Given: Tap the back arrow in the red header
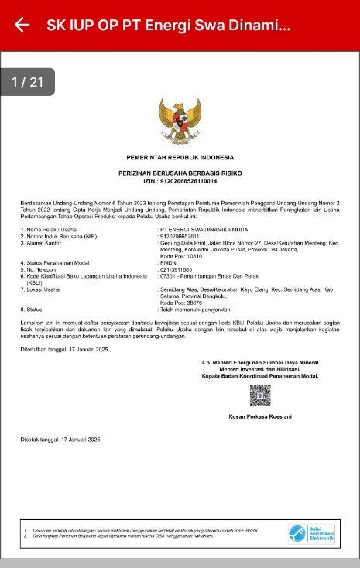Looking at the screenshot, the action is pyautogui.click(x=22, y=25).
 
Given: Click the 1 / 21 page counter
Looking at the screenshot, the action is pyautogui.click(x=28, y=82).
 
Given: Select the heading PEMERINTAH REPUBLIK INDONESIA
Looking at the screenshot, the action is pyautogui.click(x=179, y=158).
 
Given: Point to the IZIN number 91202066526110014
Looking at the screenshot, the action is pyautogui.click(x=188, y=181).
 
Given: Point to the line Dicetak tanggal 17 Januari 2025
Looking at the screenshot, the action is pyautogui.click(x=60, y=440).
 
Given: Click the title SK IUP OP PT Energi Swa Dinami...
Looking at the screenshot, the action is pyautogui.click(x=168, y=25).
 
